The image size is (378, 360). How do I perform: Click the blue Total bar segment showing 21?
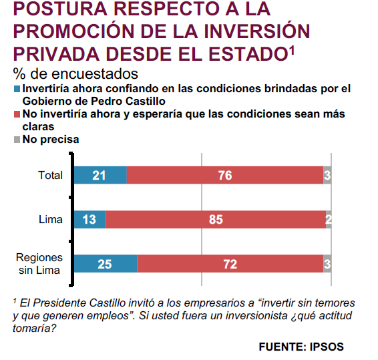100,175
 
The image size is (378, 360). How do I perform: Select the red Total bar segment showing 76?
225,175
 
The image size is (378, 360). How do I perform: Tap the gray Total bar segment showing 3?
327,175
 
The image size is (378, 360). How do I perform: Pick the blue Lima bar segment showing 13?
90,220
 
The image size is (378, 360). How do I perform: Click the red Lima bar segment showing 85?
216,220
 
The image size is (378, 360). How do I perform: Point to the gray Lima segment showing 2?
329,220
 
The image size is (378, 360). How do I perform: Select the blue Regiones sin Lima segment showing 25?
106,264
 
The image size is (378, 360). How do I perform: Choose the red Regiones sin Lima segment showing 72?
230,264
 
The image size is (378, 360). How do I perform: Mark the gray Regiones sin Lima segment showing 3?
327,264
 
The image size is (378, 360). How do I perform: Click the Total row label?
50,175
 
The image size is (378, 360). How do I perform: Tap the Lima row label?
51,220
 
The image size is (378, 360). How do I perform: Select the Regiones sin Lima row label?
39,264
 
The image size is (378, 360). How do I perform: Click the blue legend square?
17,89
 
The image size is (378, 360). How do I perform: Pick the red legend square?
17,114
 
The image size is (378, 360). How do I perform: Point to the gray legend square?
17,140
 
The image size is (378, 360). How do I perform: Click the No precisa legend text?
51,140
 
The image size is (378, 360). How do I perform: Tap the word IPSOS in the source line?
327,347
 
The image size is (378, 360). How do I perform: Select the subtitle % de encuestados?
75,73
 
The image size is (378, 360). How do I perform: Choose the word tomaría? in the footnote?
35,329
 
